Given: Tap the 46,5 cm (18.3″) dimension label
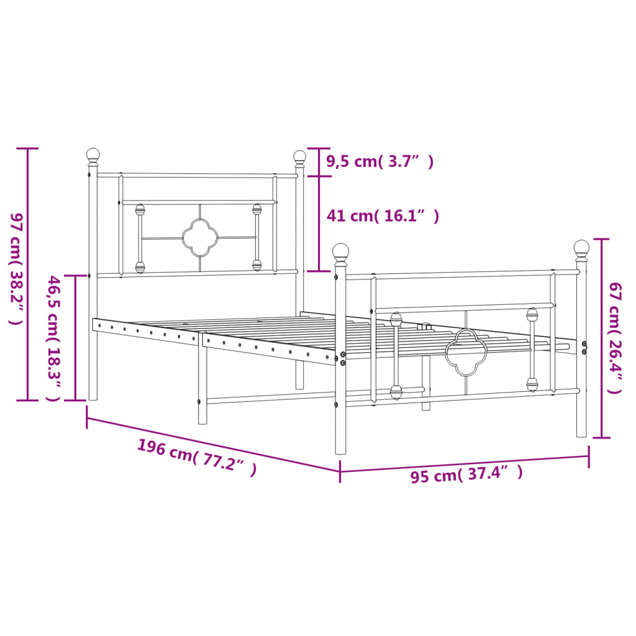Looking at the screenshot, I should pos(54,338).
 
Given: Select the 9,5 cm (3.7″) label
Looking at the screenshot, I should pos(379,161).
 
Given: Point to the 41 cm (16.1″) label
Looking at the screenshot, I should pos(383,216).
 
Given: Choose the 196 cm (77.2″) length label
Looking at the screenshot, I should pos(196,457).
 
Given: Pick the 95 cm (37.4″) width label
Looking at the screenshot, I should pos(466,475).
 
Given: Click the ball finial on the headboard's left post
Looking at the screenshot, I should pos(93,155).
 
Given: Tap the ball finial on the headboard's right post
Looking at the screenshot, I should pos(300,157).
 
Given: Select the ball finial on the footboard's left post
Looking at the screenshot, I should pos(340,252).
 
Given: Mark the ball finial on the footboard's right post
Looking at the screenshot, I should pos(581,248).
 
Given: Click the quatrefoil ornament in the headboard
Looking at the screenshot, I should pos(199,237).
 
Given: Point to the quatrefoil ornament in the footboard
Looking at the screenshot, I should pos(464,353).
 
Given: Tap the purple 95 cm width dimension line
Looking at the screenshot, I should pos(464,463).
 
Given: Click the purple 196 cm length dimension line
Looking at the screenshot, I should pos(213,442).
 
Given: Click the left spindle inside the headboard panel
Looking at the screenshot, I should pos(140,238).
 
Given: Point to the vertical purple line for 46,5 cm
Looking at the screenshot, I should pos(76,338).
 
